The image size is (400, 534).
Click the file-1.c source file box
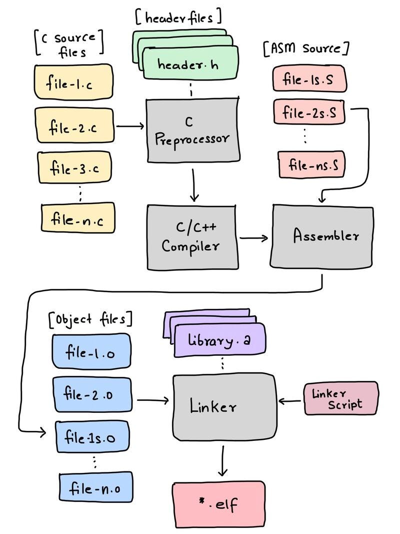[x=73, y=83]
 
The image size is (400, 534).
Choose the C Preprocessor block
[x=192, y=130]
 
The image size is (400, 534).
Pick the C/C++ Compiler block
[x=192, y=238]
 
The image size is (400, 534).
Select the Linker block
[x=224, y=406]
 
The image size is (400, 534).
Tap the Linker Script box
[x=341, y=398]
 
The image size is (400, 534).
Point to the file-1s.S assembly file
[x=308, y=79]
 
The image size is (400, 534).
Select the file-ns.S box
[x=311, y=165]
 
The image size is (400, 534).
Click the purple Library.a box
[x=219, y=342]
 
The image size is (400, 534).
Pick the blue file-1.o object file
[x=91, y=351]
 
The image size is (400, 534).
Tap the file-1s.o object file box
[x=92, y=437]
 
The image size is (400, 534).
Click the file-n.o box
[x=96, y=487]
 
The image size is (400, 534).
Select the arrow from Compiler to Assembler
[x=253, y=238]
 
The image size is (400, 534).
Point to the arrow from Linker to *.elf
[x=223, y=460]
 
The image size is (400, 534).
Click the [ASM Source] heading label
[x=305, y=49]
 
